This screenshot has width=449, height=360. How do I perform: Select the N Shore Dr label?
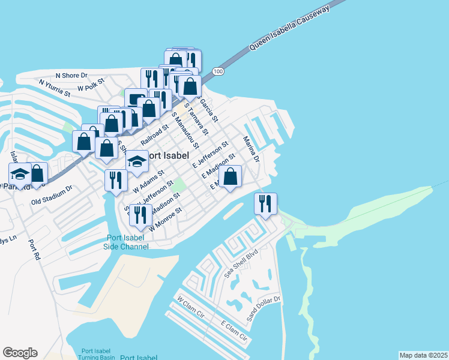(x=71, y=76)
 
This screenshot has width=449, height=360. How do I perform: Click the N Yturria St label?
(x=55, y=88)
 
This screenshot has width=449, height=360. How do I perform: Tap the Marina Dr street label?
(x=250, y=149)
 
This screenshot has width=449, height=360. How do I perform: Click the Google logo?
(x=20, y=353)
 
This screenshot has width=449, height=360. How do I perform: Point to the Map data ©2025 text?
(x=423, y=355)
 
